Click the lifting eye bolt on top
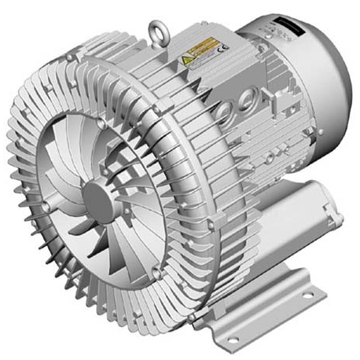[x=156, y=33]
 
